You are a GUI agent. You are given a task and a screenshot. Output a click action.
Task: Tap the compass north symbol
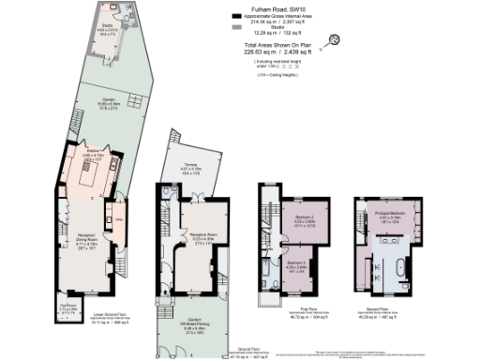pos(332,39)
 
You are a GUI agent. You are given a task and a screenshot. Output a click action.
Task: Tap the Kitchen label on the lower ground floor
pos(95,150)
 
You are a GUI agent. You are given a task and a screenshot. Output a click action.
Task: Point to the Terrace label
pos(190,168)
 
